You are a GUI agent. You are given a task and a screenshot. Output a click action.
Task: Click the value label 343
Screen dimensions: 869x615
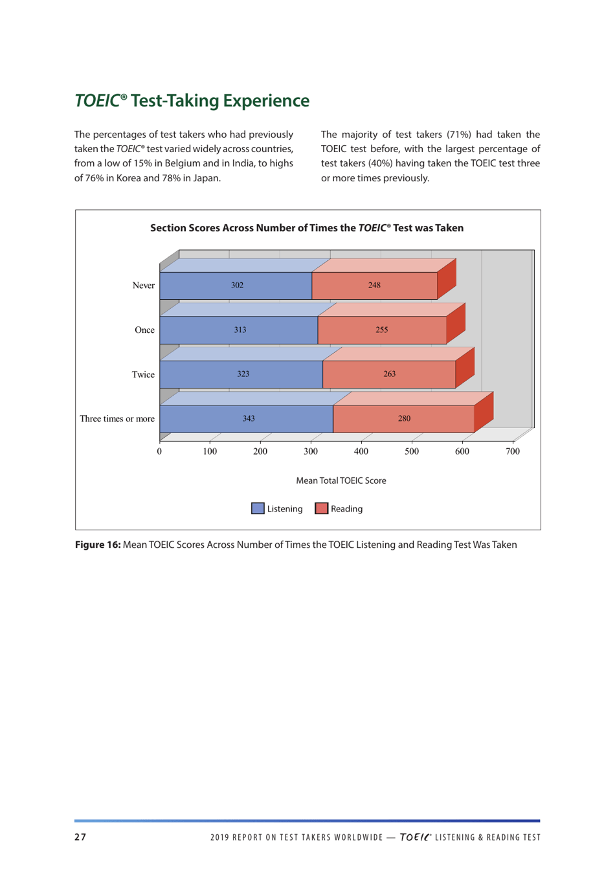pos(249,419)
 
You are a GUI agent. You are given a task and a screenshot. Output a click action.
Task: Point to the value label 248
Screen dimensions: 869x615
pos(374,286)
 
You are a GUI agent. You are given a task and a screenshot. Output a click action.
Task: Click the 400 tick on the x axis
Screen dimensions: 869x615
pos(361,452)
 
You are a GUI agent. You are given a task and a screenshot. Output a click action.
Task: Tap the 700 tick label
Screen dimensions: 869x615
pos(512,452)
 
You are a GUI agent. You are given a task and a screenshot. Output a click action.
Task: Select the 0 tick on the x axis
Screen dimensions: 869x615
pos(159,452)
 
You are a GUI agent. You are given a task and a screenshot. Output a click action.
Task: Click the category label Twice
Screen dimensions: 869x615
pos(143,375)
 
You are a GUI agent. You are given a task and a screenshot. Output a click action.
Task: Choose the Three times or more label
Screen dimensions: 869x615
pos(117,419)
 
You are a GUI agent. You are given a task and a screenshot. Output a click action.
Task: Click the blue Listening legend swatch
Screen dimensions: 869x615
pos(258,509)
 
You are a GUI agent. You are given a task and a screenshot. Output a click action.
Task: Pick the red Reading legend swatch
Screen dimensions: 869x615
pos(321,509)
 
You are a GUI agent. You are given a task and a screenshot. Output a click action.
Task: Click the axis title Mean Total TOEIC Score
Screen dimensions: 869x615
pos(341,480)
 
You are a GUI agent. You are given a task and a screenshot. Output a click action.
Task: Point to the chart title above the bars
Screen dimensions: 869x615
pos(307,228)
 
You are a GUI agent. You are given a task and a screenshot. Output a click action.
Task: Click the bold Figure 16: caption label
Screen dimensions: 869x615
pos(98,545)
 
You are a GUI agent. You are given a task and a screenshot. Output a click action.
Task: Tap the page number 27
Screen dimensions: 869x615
pos(80,837)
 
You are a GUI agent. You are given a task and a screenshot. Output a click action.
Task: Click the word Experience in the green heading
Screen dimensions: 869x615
pos(265,101)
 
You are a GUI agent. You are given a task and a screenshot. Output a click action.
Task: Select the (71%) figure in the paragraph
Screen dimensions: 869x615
pos(461,135)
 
